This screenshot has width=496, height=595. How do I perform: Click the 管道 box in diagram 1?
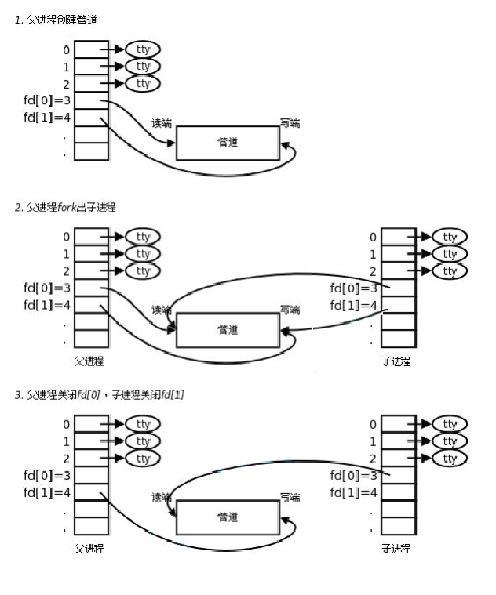click(x=227, y=143)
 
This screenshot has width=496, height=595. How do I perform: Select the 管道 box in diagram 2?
click(x=227, y=330)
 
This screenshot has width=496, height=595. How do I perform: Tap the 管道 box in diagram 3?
click(x=227, y=517)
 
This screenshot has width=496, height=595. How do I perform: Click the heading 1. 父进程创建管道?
click(x=57, y=19)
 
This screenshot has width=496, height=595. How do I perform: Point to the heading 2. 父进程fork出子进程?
click(x=65, y=207)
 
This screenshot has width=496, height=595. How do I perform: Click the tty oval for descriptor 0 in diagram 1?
click(x=143, y=49)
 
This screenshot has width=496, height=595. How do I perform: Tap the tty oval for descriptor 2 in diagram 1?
click(x=143, y=84)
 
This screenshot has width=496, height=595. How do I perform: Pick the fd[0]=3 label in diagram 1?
click(x=48, y=100)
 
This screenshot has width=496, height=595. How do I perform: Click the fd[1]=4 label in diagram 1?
click(x=48, y=118)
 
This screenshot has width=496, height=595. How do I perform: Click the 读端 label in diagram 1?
click(x=162, y=124)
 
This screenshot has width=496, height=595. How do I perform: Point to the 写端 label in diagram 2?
click(x=290, y=310)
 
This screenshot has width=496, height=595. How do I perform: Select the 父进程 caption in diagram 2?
click(x=89, y=361)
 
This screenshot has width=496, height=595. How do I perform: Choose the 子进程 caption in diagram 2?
click(x=396, y=361)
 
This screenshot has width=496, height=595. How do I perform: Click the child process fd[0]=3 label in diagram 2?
click(x=354, y=288)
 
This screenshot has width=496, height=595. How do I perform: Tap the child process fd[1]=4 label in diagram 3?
click(x=354, y=492)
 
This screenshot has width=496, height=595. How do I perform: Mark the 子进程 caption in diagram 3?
click(x=396, y=549)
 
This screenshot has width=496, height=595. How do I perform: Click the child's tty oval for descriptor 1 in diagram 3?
click(x=450, y=441)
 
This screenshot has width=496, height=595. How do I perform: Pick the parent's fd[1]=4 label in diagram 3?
click(x=48, y=492)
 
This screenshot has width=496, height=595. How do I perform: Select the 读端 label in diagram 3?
click(x=162, y=498)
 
